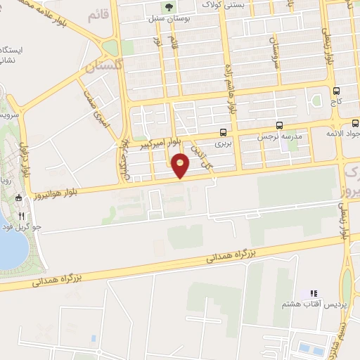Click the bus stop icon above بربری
pos(223,131)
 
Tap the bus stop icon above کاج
pos(336,91)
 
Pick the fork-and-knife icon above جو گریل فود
pos(22,216)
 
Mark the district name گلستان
pos(105,67)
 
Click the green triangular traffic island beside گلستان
pos(110,49)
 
